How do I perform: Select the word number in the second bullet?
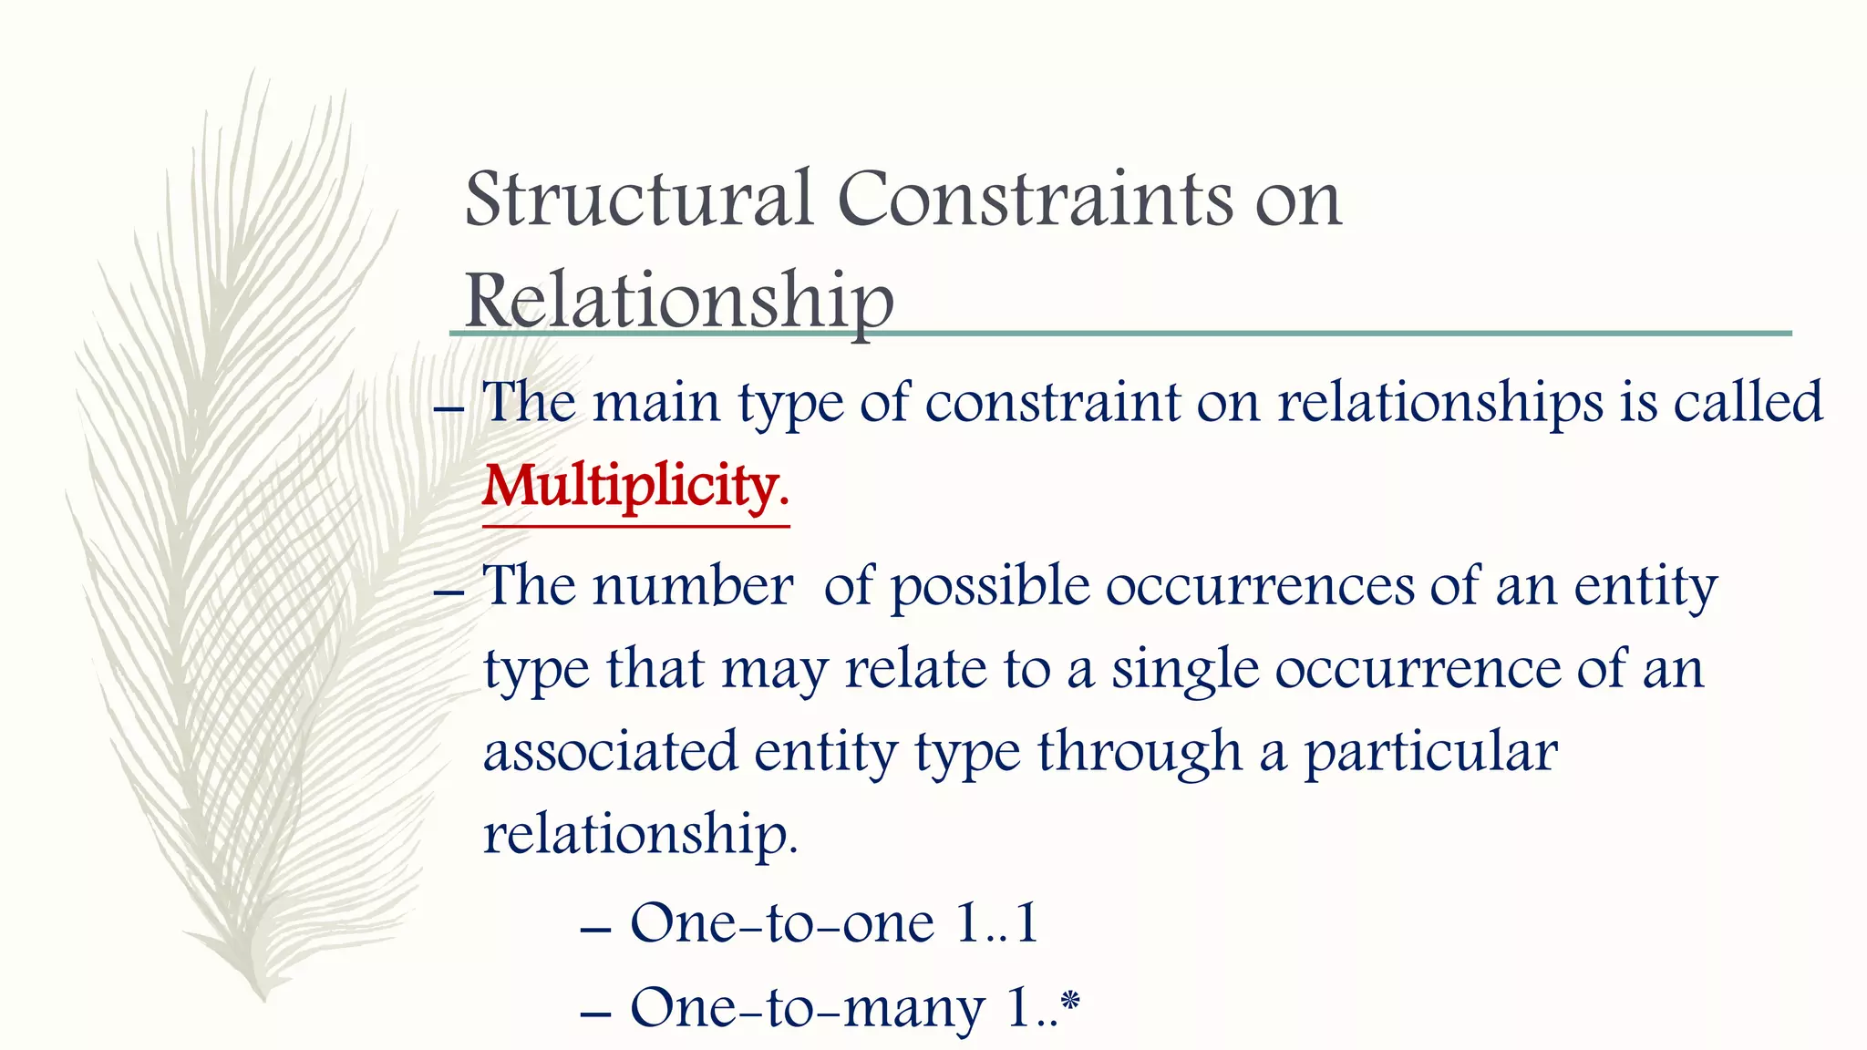[693, 585]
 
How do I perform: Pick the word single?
[1185, 671]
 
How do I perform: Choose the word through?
[1140, 754]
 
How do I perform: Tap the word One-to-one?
[782, 923]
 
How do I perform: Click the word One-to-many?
[808, 1009]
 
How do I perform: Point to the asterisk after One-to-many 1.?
[1070, 1000]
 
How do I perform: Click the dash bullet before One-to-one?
[594, 931]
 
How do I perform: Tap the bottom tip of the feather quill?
[263, 999]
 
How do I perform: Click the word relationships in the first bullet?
[1440, 403]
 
